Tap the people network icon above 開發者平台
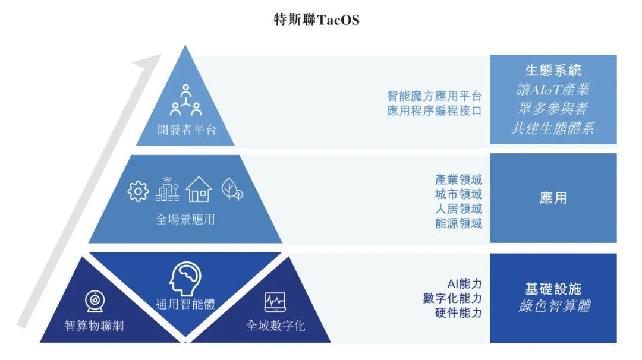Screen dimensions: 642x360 186,100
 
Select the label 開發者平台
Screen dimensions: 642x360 186,130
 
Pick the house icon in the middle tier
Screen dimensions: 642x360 199,190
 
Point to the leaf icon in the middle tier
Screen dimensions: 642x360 231,190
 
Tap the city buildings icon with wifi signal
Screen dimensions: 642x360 168,190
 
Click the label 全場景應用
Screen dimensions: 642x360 185,219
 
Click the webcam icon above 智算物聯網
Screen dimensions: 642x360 94,302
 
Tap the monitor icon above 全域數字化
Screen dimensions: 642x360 275,303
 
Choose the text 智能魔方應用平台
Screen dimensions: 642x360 434,96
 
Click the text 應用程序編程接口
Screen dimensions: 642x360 434,110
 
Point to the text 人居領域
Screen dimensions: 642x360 458,209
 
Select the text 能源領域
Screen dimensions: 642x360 458,223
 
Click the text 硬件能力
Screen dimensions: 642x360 458,313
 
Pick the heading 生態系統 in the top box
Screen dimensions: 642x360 553,70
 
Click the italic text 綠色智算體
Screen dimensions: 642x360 553,307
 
